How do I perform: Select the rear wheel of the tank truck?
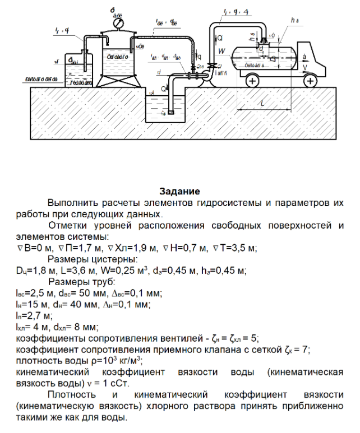pyautogui.click(x=252, y=81)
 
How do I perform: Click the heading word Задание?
pyautogui.click(x=179, y=192)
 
